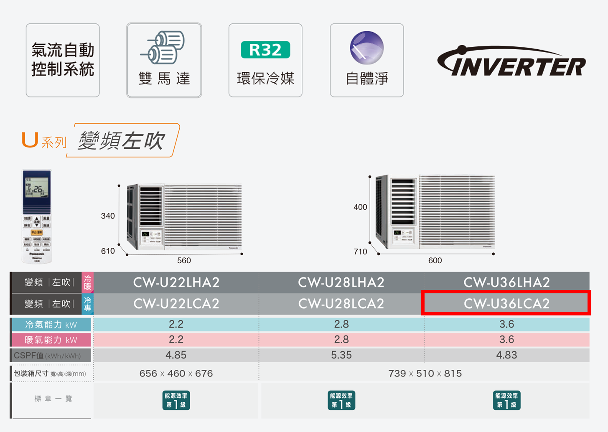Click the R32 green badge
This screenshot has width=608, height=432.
click(x=265, y=50)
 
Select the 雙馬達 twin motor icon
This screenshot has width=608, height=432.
click(x=164, y=47)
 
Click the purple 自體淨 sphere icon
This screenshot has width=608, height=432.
click(x=366, y=47)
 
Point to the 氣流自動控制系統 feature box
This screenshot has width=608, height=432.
click(x=63, y=60)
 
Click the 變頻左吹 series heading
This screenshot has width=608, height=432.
click(x=122, y=140)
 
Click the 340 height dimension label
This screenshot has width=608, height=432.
click(x=108, y=216)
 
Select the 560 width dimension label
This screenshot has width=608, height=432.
click(x=184, y=261)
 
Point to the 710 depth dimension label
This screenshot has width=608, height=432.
click(x=360, y=252)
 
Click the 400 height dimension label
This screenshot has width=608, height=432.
click(x=360, y=207)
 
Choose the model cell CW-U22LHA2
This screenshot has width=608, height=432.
click(x=176, y=283)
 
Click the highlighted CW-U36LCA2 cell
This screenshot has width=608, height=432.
click(x=506, y=303)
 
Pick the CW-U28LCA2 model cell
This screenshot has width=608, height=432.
click(x=341, y=304)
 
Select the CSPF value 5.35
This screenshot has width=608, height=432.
click(x=341, y=355)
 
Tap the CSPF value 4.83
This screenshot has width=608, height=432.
click(x=506, y=355)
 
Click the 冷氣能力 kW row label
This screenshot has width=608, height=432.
click(x=51, y=325)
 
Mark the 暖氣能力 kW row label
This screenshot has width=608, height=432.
click(x=51, y=340)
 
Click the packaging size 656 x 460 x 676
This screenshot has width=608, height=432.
click(x=176, y=374)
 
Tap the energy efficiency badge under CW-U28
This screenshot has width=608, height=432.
click(x=341, y=400)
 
